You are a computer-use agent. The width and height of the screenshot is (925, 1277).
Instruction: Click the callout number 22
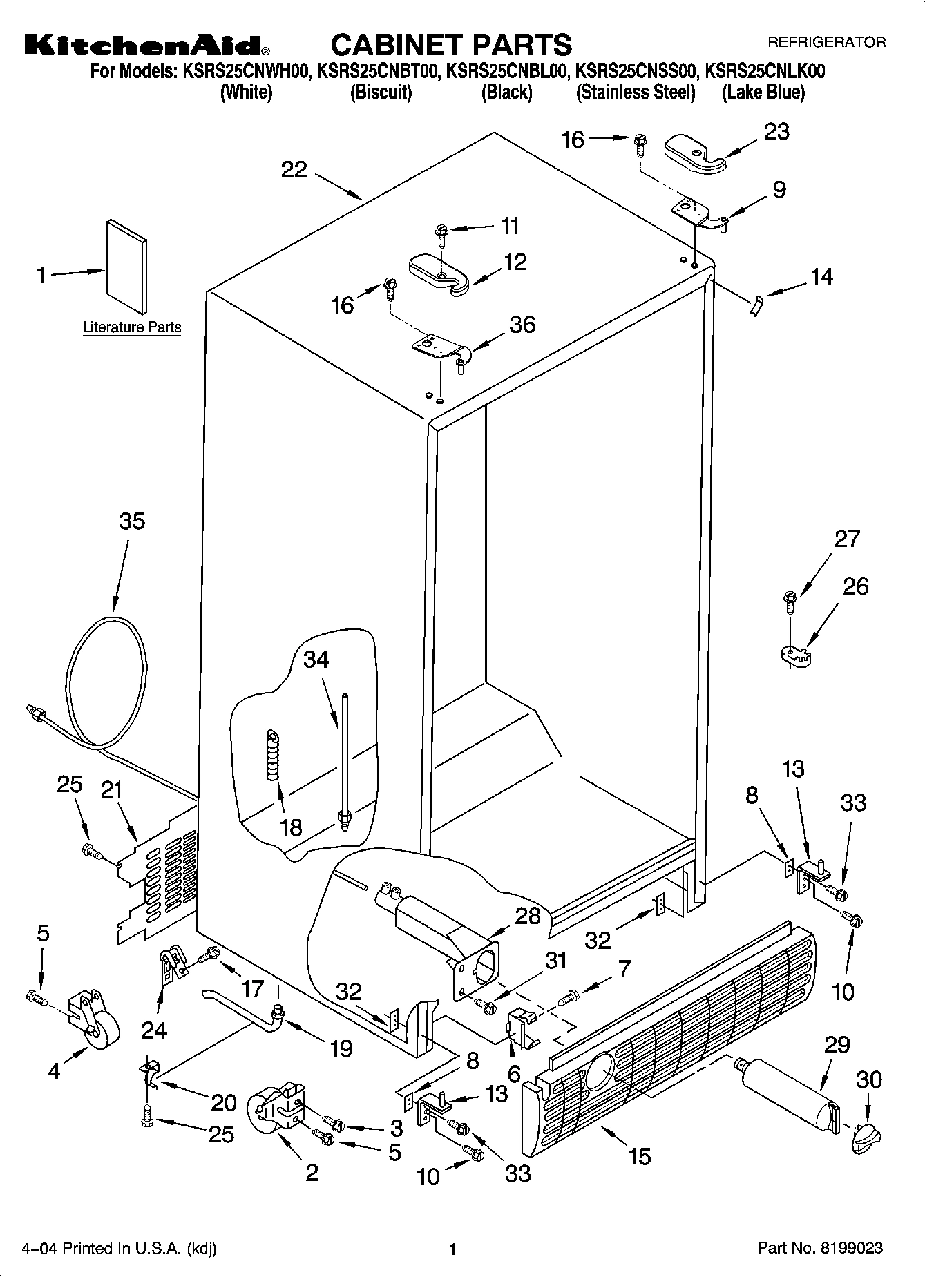coord(294,170)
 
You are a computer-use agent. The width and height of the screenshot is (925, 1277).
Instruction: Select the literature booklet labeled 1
coord(126,267)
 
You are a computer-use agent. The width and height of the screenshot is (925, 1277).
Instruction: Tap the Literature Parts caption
coord(132,327)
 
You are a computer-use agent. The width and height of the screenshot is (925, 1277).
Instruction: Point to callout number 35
coord(132,521)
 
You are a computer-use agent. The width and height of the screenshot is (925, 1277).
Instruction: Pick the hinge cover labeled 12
coord(438,274)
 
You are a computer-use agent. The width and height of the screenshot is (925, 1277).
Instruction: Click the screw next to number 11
coord(440,234)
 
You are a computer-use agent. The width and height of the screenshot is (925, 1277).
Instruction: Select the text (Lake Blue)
coord(763,93)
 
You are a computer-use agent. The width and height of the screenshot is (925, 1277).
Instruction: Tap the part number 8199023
coord(850,1248)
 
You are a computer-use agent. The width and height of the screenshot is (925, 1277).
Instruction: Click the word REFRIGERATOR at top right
coord(826,42)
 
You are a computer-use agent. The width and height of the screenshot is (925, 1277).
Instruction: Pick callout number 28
coord(528,916)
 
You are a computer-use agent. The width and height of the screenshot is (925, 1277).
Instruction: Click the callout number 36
coord(522,325)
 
